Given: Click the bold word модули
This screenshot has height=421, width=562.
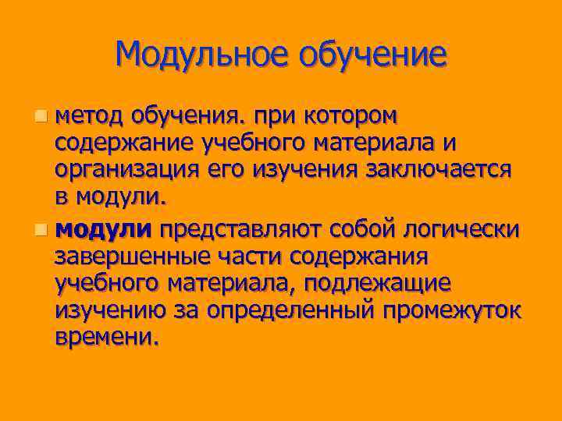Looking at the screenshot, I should (104, 229).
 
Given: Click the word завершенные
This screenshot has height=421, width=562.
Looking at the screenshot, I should (128, 256).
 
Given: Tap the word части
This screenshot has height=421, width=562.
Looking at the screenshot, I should (237, 256).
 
